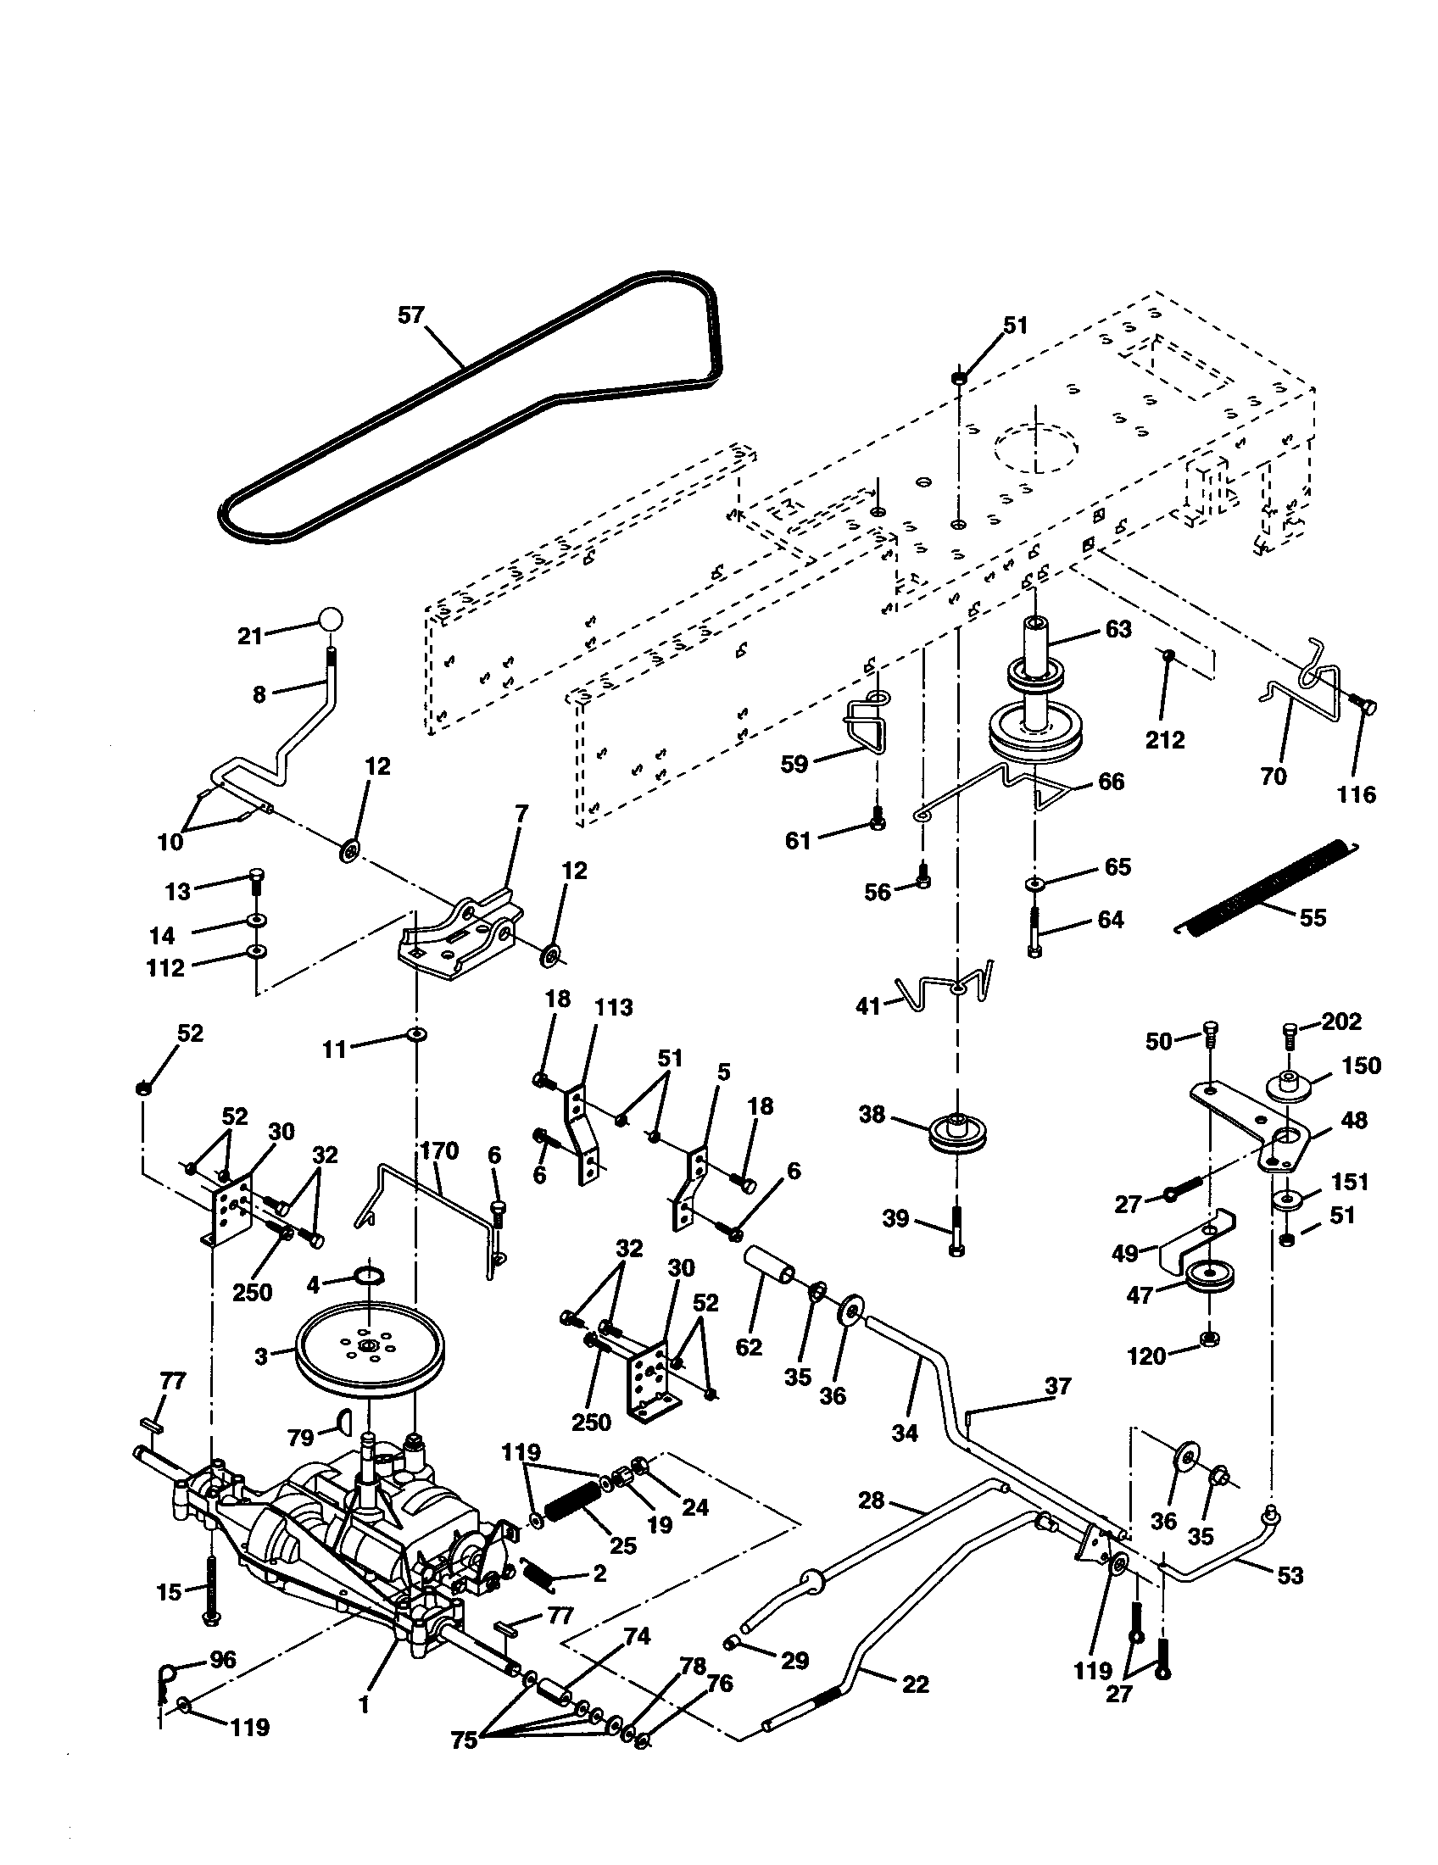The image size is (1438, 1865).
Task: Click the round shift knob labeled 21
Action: click(x=331, y=619)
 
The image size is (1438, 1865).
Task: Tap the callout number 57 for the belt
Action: click(x=410, y=316)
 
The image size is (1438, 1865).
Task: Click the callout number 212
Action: click(x=1165, y=739)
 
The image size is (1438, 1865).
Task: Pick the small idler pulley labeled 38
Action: click(x=957, y=1133)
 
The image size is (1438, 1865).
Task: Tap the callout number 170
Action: click(x=439, y=1151)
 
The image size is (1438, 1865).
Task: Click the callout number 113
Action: click(x=613, y=1008)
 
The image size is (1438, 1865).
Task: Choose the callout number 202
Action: click(x=1341, y=1022)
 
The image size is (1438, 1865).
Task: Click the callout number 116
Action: click(x=1356, y=795)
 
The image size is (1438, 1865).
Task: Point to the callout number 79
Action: click(x=301, y=1438)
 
